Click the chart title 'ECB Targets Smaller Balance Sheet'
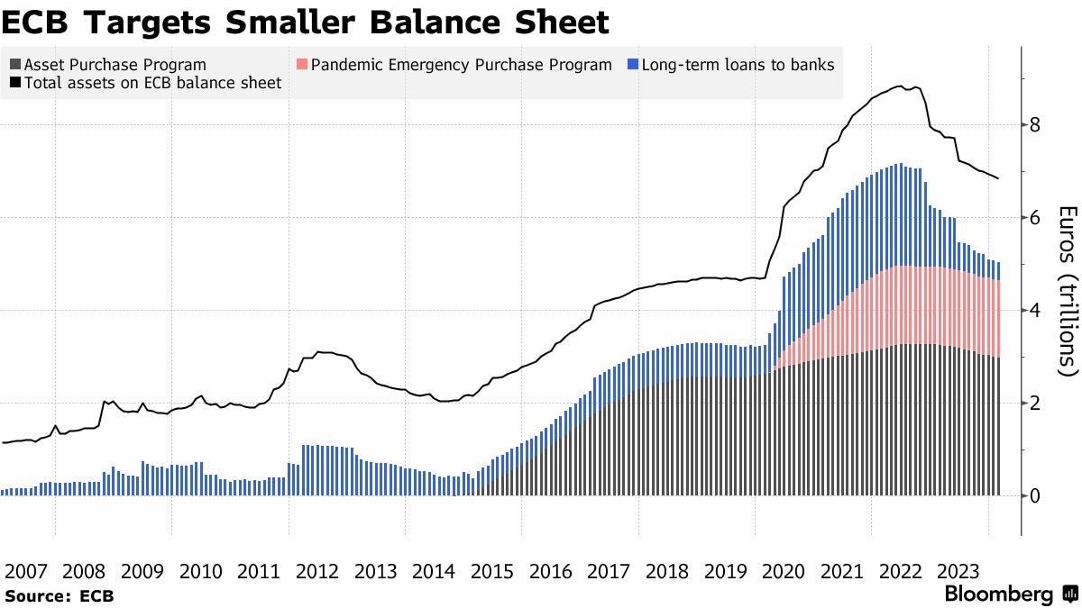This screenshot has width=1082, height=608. click(x=306, y=22)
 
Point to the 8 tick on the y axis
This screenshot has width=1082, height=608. click(x=1035, y=125)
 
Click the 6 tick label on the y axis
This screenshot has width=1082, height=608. click(x=1035, y=218)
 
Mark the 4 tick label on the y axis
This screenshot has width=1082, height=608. click(x=1035, y=311)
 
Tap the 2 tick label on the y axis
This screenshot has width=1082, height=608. click(x=1035, y=404)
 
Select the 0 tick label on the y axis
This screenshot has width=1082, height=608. click(x=1035, y=496)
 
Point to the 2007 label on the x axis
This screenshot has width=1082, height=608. click(x=27, y=571)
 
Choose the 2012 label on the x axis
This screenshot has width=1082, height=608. click(x=317, y=571)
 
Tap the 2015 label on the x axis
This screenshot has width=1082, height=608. click(x=492, y=571)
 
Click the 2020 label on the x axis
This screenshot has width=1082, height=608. click(x=783, y=571)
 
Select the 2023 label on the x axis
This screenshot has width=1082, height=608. click(x=958, y=571)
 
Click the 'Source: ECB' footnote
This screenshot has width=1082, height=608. click(x=59, y=595)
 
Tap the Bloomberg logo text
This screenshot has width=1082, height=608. click(x=999, y=594)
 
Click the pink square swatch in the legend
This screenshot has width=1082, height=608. click(x=302, y=65)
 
